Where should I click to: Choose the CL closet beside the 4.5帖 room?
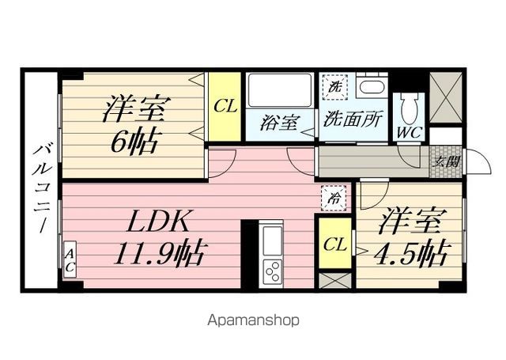click(334, 244)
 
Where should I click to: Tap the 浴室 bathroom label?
click(281, 123)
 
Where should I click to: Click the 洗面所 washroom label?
click(353, 121)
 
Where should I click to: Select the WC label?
click(409, 132)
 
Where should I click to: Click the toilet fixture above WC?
click(409, 104)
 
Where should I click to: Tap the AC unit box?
click(70, 259)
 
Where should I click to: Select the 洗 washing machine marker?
click(335, 86)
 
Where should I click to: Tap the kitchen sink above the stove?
click(272, 241)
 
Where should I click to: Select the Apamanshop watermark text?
click(253, 320)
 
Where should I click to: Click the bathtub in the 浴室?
click(280, 93)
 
